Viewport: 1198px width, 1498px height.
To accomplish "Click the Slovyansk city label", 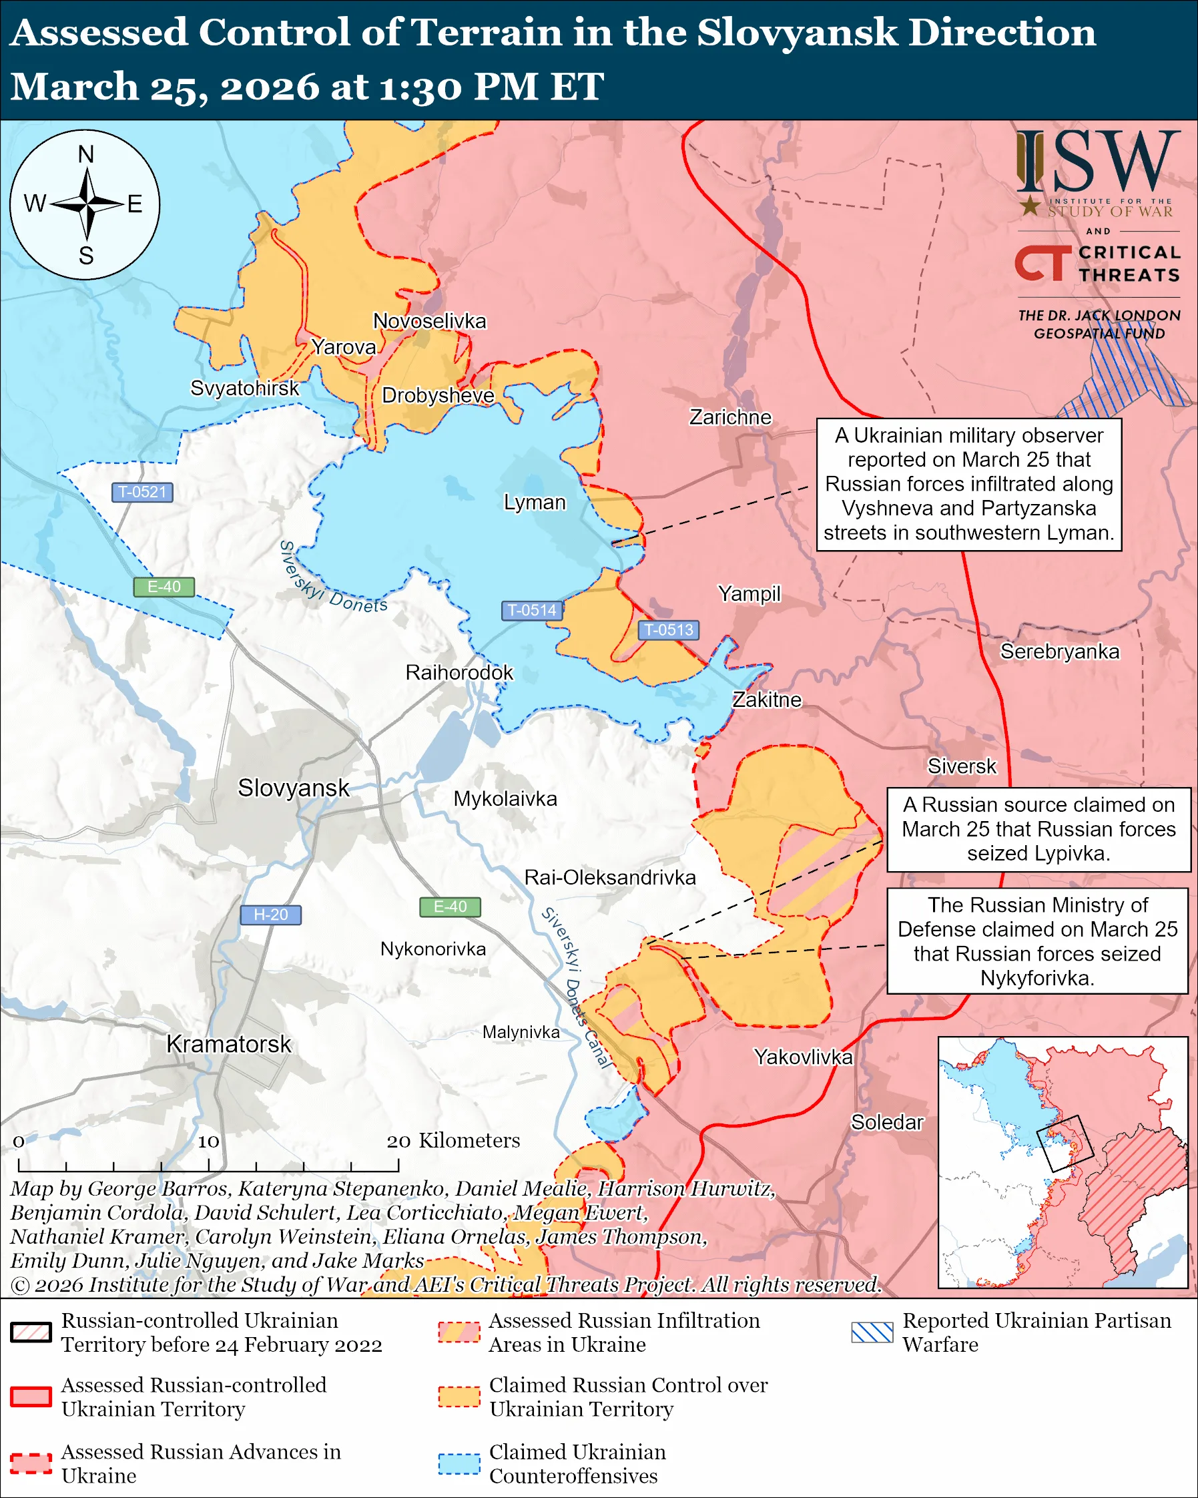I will (293, 788).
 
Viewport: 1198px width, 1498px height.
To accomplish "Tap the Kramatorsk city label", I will (228, 1044).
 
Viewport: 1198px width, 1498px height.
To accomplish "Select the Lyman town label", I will (534, 503).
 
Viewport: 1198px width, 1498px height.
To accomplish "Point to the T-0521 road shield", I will (142, 492).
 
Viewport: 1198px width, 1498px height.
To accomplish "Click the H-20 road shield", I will (270, 915).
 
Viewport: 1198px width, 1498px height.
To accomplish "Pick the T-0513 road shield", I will (668, 630).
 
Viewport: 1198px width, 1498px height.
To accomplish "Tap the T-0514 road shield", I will (531, 610).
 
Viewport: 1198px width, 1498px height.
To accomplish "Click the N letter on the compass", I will (85, 154).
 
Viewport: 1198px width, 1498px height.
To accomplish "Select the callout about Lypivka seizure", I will (1038, 829).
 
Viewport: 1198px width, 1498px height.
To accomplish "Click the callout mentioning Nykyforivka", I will (1037, 941).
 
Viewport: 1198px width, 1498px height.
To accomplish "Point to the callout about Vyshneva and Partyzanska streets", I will (969, 484).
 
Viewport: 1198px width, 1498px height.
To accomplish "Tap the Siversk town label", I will (961, 766).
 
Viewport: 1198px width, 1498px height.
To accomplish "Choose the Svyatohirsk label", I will (244, 388).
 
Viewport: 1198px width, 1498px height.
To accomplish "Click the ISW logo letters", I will (1098, 163).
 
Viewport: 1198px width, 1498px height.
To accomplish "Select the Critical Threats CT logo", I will (1042, 262).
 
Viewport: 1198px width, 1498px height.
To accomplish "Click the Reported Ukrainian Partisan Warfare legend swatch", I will (872, 1332).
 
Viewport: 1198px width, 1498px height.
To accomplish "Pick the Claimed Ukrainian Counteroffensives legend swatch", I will (459, 1463).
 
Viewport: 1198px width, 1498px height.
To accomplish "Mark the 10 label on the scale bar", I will (208, 1142).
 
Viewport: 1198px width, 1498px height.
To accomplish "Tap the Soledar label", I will (887, 1122).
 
